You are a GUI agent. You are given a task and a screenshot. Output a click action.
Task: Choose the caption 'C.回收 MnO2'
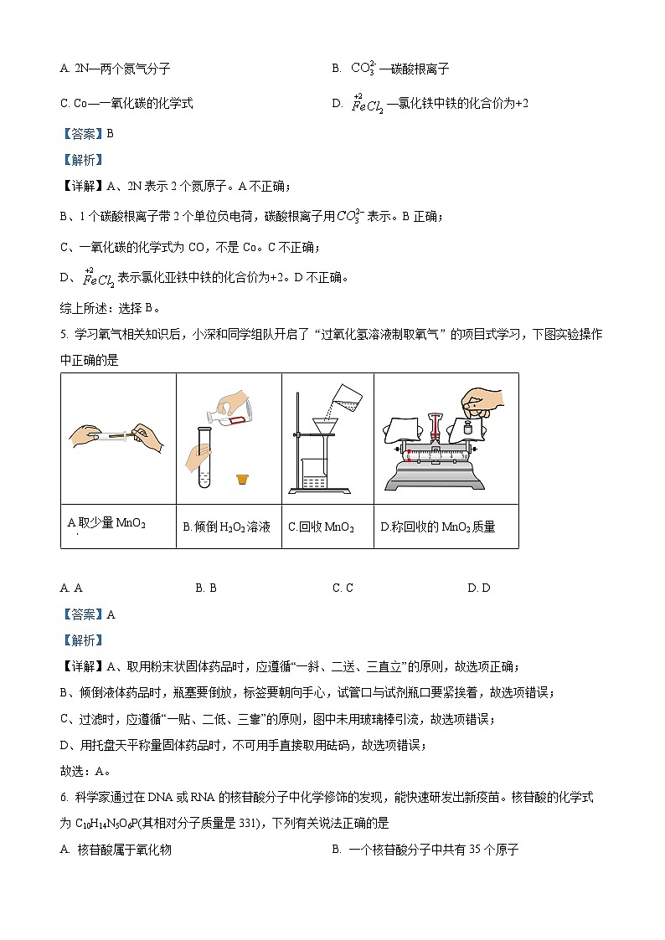point(321,527)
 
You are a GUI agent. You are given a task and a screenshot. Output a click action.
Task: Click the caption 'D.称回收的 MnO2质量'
point(437,527)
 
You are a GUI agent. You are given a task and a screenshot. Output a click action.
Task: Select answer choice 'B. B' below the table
point(206,588)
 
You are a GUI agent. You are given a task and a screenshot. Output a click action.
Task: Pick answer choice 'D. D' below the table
point(479,588)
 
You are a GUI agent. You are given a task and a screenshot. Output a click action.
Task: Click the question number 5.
point(64,335)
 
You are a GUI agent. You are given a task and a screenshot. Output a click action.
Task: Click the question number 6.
point(64,798)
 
